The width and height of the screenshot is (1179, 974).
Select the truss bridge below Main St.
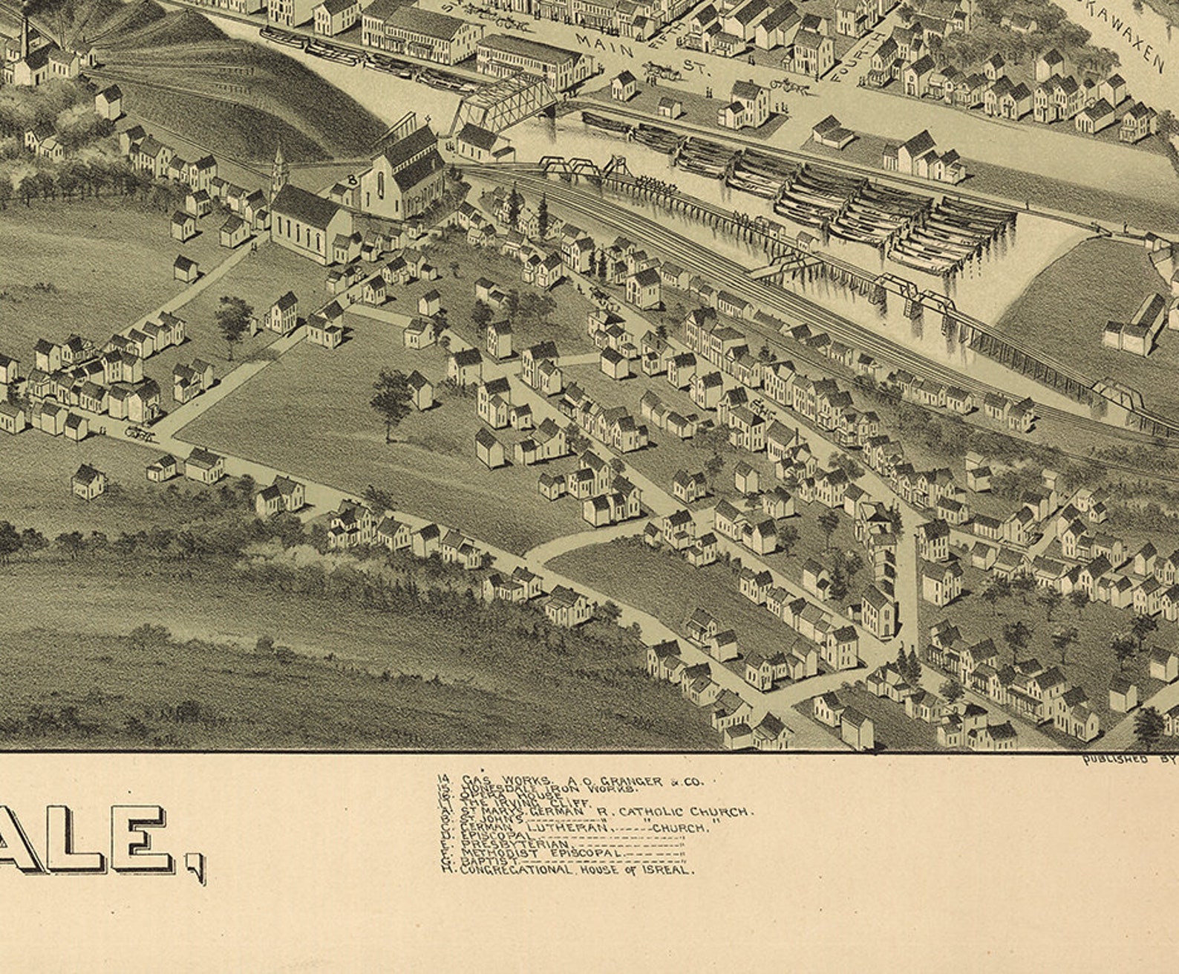coord(505,103)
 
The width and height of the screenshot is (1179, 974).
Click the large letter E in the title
coord(143,840)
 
